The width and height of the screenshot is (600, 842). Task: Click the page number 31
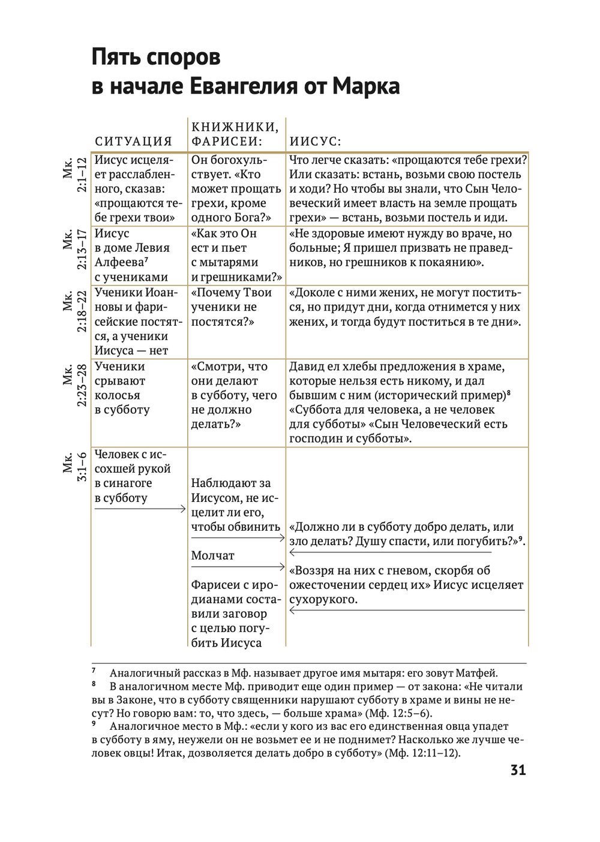click(x=518, y=770)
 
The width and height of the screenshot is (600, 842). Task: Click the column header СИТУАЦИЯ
click(x=133, y=142)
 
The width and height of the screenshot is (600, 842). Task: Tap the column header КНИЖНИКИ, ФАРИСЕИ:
click(x=235, y=134)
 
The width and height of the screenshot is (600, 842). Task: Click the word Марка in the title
click(x=366, y=86)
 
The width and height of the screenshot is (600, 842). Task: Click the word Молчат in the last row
click(x=213, y=556)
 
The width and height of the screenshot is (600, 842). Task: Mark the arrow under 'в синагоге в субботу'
click(x=140, y=509)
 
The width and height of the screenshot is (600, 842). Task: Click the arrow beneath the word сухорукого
click(x=407, y=611)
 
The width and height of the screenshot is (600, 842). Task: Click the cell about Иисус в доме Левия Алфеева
click(x=133, y=255)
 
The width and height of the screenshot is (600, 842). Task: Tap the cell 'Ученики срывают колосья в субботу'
click(x=123, y=388)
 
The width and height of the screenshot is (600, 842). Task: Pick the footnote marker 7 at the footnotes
click(x=94, y=670)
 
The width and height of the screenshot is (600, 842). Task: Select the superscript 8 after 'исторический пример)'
click(x=508, y=392)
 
